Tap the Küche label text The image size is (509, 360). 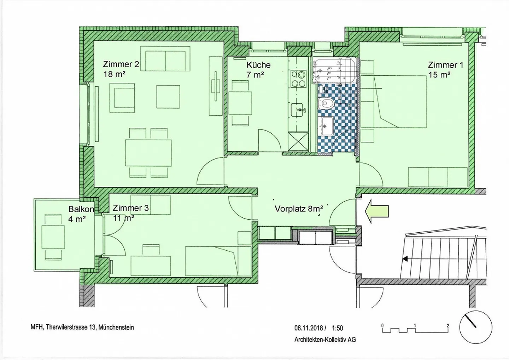point(259,65)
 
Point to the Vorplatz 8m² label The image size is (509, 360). point(299,209)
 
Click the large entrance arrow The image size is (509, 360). point(376,211)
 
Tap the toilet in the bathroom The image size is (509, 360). point(326,104)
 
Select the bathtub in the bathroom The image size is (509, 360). point(334,71)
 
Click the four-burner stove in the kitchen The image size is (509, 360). point(299,79)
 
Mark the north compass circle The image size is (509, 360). point(476,327)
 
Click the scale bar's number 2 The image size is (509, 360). point(448,326)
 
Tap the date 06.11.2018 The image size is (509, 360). point(309,328)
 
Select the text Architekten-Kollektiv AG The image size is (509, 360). point(325,339)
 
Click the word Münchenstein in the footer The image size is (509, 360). point(116,327)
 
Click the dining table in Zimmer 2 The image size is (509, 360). point(148,153)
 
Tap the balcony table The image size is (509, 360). point(53,237)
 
